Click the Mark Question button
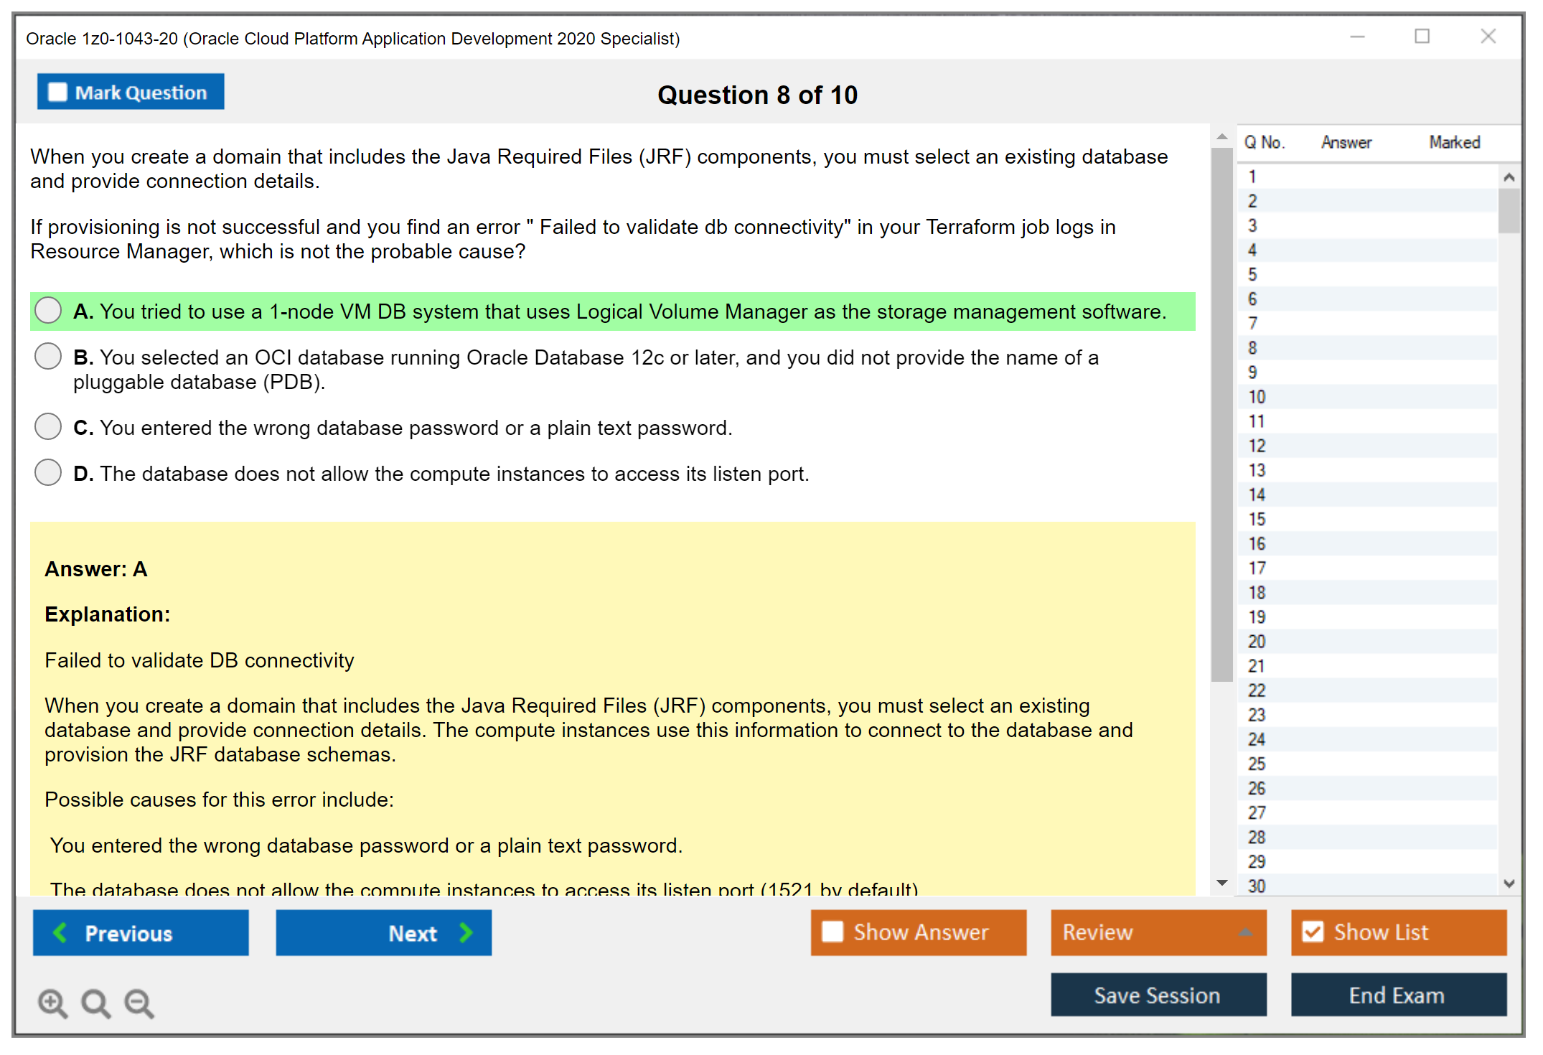(x=131, y=92)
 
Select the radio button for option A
(x=48, y=311)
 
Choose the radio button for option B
(x=48, y=357)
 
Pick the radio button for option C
(x=48, y=427)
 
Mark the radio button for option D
(x=48, y=473)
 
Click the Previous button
(x=141, y=933)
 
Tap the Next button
(x=383, y=933)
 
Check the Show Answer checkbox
(x=833, y=932)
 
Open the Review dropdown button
(x=1158, y=932)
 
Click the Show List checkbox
(x=1313, y=932)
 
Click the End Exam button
(x=1398, y=995)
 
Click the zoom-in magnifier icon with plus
(x=52, y=1003)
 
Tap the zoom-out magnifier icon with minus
(x=139, y=1003)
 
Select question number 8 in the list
(x=1253, y=348)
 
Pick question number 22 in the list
(x=1257, y=690)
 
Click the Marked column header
(x=1455, y=142)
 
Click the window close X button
(x=1488, y=37)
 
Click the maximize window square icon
(x=1422, y=37)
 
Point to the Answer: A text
(x=96, y=569)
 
